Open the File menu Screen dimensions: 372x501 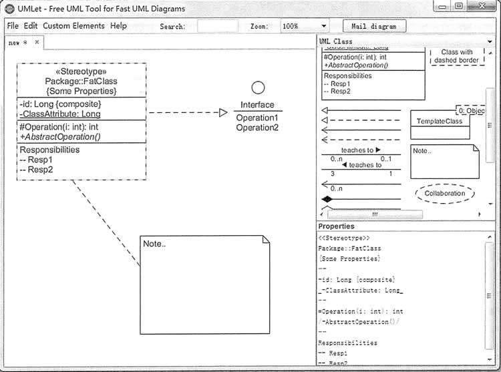click(x=13, y=26)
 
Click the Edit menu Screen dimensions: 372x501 click(x=31, y=26)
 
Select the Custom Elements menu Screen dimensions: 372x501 click(x=73, y=26)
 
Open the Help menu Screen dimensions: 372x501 click(x=118, y=26)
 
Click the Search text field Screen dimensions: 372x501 click(x=218, y=27)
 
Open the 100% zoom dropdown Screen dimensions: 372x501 click(x=303, y=27)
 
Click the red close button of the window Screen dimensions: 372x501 click(x=480, y=6)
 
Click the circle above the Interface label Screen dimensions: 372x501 click(x=258, y=87)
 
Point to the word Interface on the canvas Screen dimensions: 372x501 click(x=257, y=105)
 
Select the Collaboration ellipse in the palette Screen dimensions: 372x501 click(x=444, y=194)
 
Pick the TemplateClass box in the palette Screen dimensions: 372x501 click(x=439, y=122)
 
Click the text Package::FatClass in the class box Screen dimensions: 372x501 click(x=81, y=81)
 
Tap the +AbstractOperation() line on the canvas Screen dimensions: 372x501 click(x=60, y=136)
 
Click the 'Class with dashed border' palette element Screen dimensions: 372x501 click(x=457, y=56)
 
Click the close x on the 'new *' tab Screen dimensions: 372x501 click(x=37, y=41)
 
